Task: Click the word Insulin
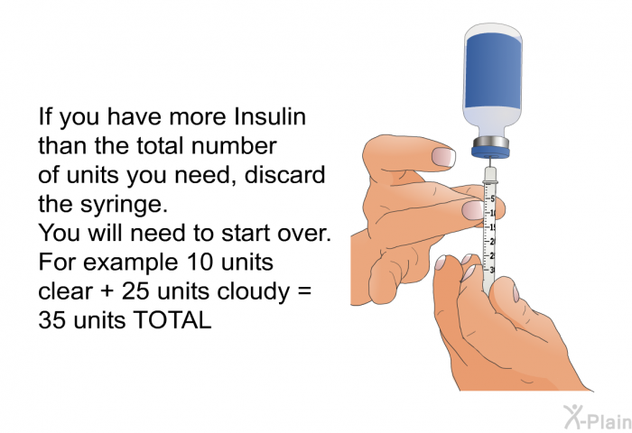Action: (x=270, y=116)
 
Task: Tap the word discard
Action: (x=284, y=175)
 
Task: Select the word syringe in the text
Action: (x=124, y=206)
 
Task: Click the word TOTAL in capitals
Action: (x=172, y=320)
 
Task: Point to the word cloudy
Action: (x=252, y=292)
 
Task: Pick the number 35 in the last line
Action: (x=51, y=320)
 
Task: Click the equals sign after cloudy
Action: (x=305, y=291)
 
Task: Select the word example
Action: (x=131, y=263)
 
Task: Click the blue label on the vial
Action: (x=493, y=70)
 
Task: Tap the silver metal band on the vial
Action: (x=490, y=143)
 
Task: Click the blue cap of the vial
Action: (x=490, y=152)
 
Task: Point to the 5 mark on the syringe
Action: (x=492, y=198)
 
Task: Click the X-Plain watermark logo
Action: (x=598, y=417)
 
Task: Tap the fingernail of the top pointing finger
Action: (x=443, y=157)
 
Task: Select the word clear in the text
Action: (x=65, y=291)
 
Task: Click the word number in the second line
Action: (x=234, y=146)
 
